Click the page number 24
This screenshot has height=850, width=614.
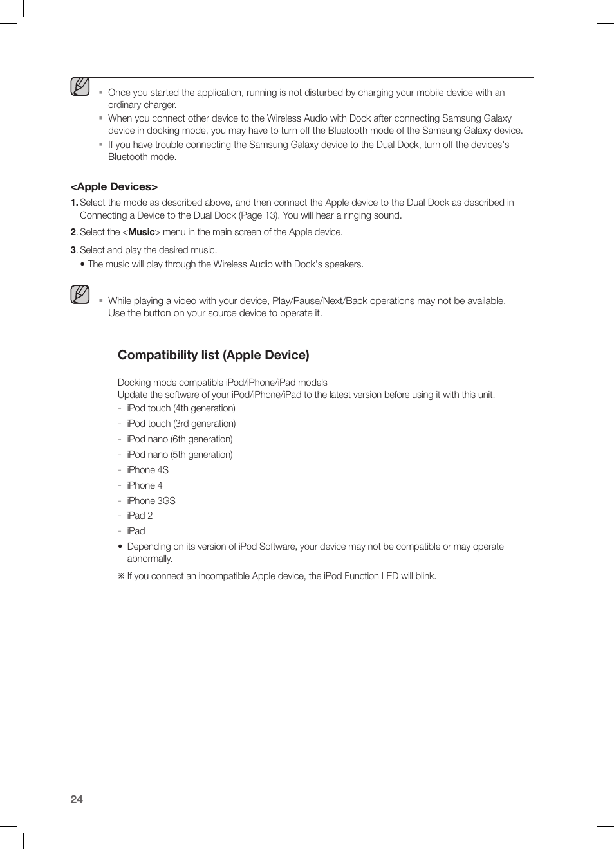point(77,799)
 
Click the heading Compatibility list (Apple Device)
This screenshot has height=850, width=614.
point(213,355)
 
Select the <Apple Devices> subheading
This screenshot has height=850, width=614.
point(114,186)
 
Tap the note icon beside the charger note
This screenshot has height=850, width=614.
point(80,87)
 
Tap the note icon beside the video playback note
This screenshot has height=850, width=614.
point(80,294)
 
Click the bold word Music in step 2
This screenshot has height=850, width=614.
point(141,232)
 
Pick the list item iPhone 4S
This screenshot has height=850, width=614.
point(147,470)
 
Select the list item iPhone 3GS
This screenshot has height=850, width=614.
point(151,501)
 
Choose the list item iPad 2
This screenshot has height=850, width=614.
point(140,516)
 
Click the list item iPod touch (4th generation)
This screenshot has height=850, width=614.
point(181,408)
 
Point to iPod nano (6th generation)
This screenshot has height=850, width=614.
point(180,439)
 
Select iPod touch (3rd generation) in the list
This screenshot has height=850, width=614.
point(181,424)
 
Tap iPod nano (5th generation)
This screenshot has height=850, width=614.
point(180,455)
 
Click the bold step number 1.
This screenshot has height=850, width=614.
point(73,203)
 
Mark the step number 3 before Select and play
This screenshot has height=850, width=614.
point(73,250)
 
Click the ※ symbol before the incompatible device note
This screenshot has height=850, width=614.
point(121,576)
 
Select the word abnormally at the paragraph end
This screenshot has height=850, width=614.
point(149,559)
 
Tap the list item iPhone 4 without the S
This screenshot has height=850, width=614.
point(144,485)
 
